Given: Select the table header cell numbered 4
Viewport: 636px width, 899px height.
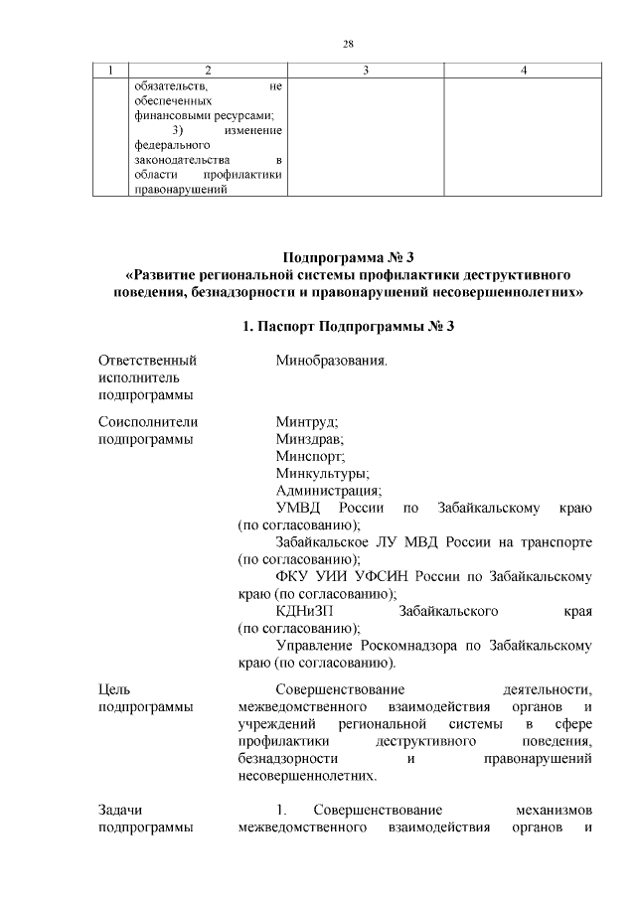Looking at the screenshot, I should (x=523, y=70).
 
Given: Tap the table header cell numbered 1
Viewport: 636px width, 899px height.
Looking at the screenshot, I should (x=110, y=70).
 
